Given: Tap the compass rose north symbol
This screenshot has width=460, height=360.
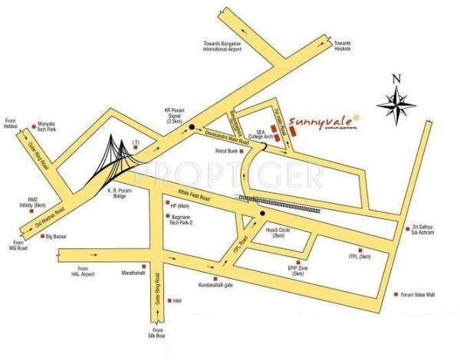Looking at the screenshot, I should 396,103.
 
